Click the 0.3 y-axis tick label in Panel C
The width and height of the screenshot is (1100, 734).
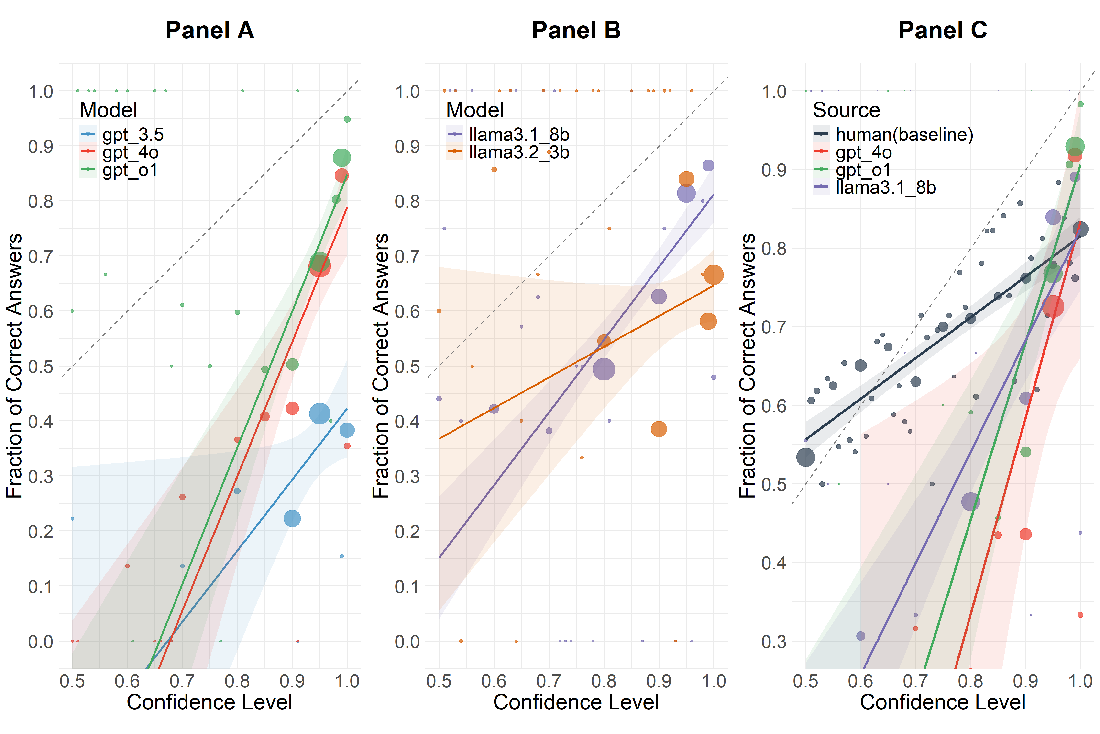pos(774,641)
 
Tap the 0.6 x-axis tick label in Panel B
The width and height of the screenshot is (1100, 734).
pos(494,681)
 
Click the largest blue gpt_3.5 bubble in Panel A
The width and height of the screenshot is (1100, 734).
pos(320,413)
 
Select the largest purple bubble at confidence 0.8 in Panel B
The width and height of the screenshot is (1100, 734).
pos(604,369)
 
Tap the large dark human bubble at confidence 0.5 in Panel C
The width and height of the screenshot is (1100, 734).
pos(805,457)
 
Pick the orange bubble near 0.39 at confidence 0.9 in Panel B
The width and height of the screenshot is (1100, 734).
pos(659,429)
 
